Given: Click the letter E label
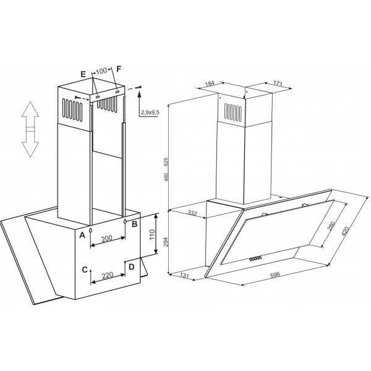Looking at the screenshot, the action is (x=83, y=74).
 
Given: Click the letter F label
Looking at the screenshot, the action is (x=119, y=69).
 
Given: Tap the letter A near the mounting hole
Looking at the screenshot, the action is (x=82, y=235).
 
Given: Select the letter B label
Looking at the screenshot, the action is (x=134, y=224).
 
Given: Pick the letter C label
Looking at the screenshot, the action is (x=85, y=270).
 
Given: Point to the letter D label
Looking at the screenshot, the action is (x=131, y=267).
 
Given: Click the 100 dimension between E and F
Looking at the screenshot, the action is (x=101, y=70).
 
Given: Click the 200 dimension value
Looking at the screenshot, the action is (x=107, y=239).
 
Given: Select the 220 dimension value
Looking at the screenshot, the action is (x=108, y=275).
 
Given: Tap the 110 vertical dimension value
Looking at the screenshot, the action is (x=151, y=234).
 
